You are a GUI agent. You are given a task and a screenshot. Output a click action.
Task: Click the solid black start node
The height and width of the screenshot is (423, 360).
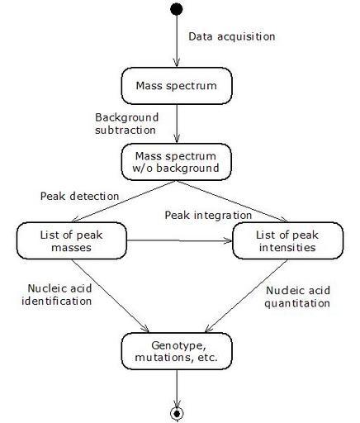coord(177,9)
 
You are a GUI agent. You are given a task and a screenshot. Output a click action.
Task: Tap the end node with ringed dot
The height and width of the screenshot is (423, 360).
coord(177,413)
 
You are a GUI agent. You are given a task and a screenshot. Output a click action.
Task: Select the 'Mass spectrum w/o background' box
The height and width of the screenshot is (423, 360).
coord(177,162)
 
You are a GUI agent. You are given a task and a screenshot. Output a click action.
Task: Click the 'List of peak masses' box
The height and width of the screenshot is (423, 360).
coord(72,240)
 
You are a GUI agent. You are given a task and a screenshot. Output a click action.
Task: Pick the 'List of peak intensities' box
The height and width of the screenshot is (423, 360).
coord(288,240)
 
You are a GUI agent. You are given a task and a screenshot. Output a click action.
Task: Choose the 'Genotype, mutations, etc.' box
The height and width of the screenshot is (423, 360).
coord(177,351)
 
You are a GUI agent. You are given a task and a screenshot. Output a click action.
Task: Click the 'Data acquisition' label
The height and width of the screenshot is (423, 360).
coord(232,36)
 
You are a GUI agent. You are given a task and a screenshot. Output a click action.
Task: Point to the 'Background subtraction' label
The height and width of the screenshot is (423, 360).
coord(127,124)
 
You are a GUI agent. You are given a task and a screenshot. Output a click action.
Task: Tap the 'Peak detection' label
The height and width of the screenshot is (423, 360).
coord(79,197)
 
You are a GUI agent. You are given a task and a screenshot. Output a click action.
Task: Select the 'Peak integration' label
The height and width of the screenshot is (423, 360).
coord(208,216)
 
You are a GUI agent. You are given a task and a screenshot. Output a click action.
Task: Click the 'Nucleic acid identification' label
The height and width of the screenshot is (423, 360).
coord(57,295)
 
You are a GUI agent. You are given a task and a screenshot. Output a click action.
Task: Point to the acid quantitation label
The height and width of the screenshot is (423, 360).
coord(297,297)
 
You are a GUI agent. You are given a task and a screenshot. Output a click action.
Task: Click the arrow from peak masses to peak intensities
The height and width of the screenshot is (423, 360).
coord(180,240)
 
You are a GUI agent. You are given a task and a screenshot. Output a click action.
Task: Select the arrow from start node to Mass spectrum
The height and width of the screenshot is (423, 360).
coord(177,41)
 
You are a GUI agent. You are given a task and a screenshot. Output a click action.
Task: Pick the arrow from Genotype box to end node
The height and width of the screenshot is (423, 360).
coord(177,388)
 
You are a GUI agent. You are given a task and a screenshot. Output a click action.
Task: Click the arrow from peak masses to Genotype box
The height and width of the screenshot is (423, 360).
coord(111,296)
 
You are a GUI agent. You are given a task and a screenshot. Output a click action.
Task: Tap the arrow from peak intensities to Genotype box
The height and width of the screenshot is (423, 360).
coord(246,296)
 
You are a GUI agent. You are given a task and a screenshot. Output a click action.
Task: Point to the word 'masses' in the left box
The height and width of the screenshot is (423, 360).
coord(71,247)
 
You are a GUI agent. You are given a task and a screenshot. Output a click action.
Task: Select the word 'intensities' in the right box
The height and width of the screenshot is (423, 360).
coord(287,247)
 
